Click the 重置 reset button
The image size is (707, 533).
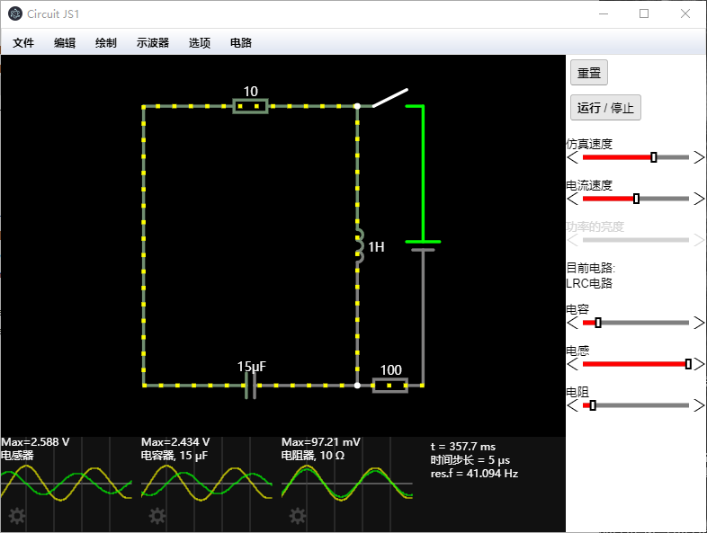(x=589, y=73)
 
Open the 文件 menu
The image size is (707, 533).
(x=23, y=42)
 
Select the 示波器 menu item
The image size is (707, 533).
(x=153, y=42)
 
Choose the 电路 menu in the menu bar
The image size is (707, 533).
(x=241, y=42)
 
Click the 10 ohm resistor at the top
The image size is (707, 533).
(x=251, y=106)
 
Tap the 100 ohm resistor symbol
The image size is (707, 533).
(x=390, y=386)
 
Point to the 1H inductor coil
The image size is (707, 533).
(x=359, y=246)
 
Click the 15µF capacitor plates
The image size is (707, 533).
(x=251, y=386)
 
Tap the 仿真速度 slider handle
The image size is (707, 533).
(x=654, y=157)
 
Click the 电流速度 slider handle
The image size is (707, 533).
(x=637, y=199)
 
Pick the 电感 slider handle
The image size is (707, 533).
(x=688, y=364)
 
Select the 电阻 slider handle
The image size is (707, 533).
(x=592, y=405)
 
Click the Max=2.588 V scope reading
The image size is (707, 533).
(x=36, y=442)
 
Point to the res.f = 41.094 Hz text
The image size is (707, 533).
(x=475, y=473)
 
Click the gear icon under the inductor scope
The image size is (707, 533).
(x=16, y=516)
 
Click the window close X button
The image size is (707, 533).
(x=685, y=13)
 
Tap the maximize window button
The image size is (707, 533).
(x=644, y=13)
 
